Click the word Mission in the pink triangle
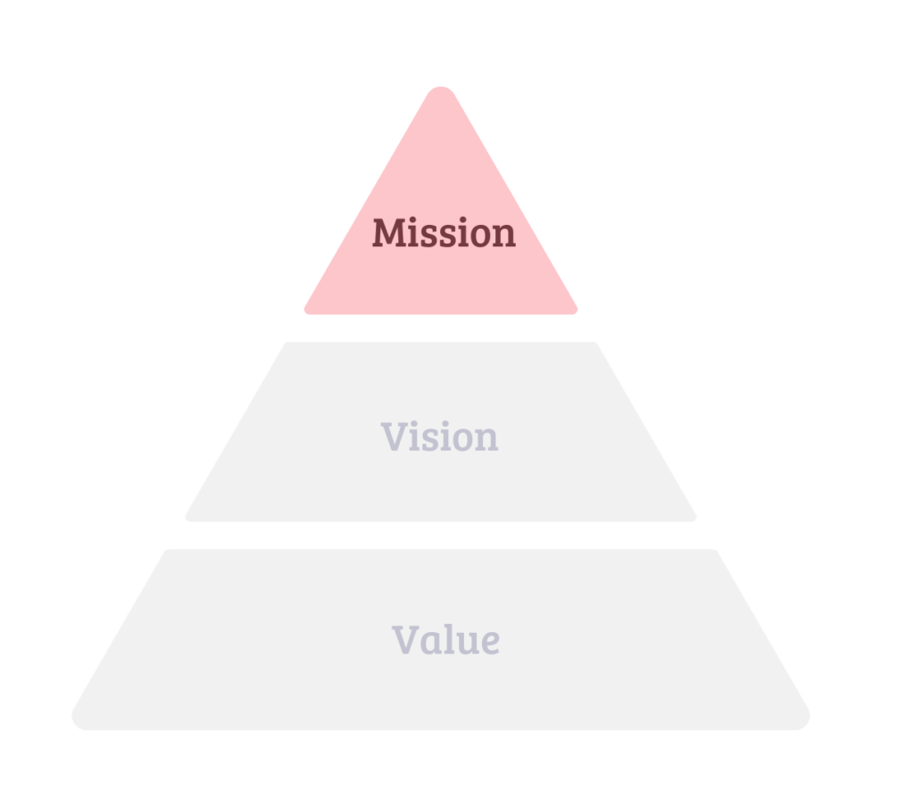pyautogui.click(x=444, y=233)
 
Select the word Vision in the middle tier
pyautogui.click(x=439, y=437)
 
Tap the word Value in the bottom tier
pyautogui.click(x=445, y=640)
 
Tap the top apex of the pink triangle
pyautogui.click(x=439, y=89)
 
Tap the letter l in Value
pyautogui.click(x=445, y=639)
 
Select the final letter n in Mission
pyautogui.click(x=504, y=235)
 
